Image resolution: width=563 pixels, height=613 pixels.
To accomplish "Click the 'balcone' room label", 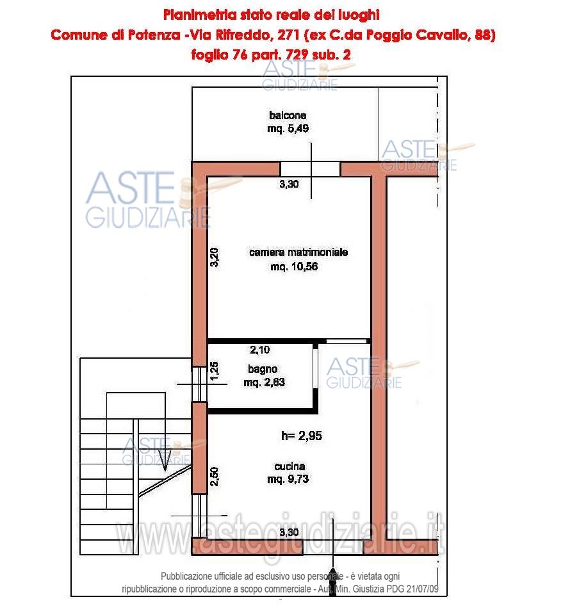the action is [x=288, y=115].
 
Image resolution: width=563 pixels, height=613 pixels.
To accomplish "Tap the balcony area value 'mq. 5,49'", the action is [x=288, y=129].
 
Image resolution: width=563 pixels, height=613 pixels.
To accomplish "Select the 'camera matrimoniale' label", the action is [x=298, y=252].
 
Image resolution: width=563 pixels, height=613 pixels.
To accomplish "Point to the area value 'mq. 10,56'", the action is [x=294, y=266].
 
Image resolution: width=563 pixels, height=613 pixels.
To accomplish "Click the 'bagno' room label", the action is [x=263, y=369].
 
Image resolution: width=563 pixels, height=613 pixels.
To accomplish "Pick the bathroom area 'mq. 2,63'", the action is [x=265, y=382].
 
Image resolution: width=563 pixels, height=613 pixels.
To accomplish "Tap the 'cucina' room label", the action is [x=290, y=466].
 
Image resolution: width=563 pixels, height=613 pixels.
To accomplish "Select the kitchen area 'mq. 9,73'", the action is [x=288, y=479].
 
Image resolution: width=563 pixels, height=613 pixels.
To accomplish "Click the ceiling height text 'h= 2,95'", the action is [x=302, y=436].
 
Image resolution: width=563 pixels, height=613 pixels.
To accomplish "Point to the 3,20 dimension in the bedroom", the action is [x=215, y=257].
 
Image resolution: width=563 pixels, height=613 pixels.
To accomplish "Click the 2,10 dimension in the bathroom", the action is [x=259, y=350].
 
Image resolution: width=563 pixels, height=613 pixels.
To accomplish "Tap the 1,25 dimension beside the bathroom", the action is [x=215, y=371].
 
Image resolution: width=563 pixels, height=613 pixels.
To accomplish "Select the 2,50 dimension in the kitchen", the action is [x=215, y=477].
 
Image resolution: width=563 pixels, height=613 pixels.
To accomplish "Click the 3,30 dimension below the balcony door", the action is [x=289, y=184].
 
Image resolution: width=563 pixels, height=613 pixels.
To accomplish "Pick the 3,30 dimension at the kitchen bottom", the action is [x=289, y=532].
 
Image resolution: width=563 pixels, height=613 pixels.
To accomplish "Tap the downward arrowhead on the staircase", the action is [x=165, y=461].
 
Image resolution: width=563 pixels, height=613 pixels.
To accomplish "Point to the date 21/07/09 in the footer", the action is [x=423, y=589].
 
